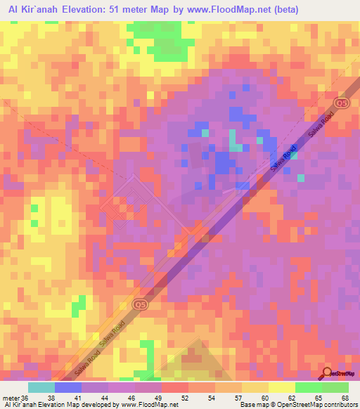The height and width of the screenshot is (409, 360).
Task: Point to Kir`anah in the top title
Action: [x=41, y=10]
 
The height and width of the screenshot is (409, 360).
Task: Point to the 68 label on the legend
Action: [x=344, y=397]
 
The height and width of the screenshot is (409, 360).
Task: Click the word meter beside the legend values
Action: [x=11, y=397]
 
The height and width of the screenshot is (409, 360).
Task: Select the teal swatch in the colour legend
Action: [x=41, y=387]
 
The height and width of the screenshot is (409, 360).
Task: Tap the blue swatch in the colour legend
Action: [x=67, y=387]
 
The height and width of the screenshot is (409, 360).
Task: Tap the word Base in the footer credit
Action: [x=245, y=405]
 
